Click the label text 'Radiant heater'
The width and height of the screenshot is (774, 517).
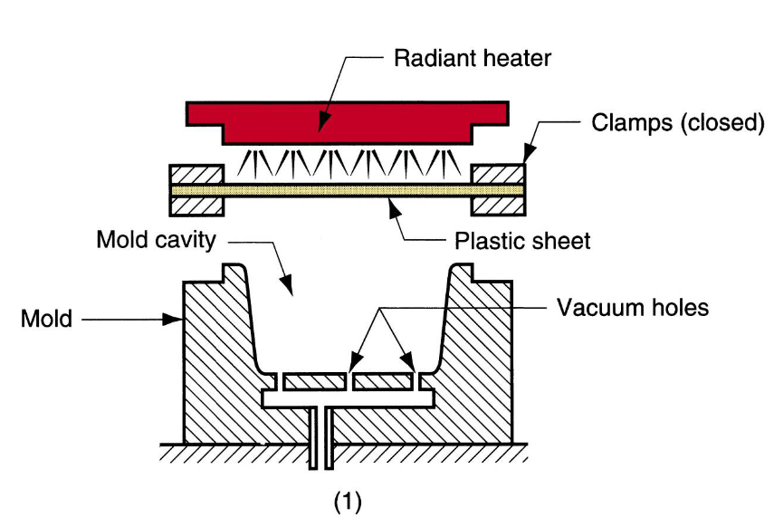point(472,59)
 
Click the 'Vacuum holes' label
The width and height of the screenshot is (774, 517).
point(632,308)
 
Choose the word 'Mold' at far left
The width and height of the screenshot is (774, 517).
point(46,319)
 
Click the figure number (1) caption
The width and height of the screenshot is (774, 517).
point(347,501)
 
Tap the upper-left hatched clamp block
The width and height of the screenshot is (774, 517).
point(196,173)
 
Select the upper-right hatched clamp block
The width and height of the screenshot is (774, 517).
point(497,173)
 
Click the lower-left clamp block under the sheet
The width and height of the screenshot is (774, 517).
point(196,206)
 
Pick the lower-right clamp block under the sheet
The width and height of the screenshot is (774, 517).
point(497,206)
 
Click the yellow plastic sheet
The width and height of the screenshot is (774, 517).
point(347,190)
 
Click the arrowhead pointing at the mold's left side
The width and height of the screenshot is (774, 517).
point(179,319)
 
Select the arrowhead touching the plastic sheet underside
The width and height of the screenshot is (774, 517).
point(392,201)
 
